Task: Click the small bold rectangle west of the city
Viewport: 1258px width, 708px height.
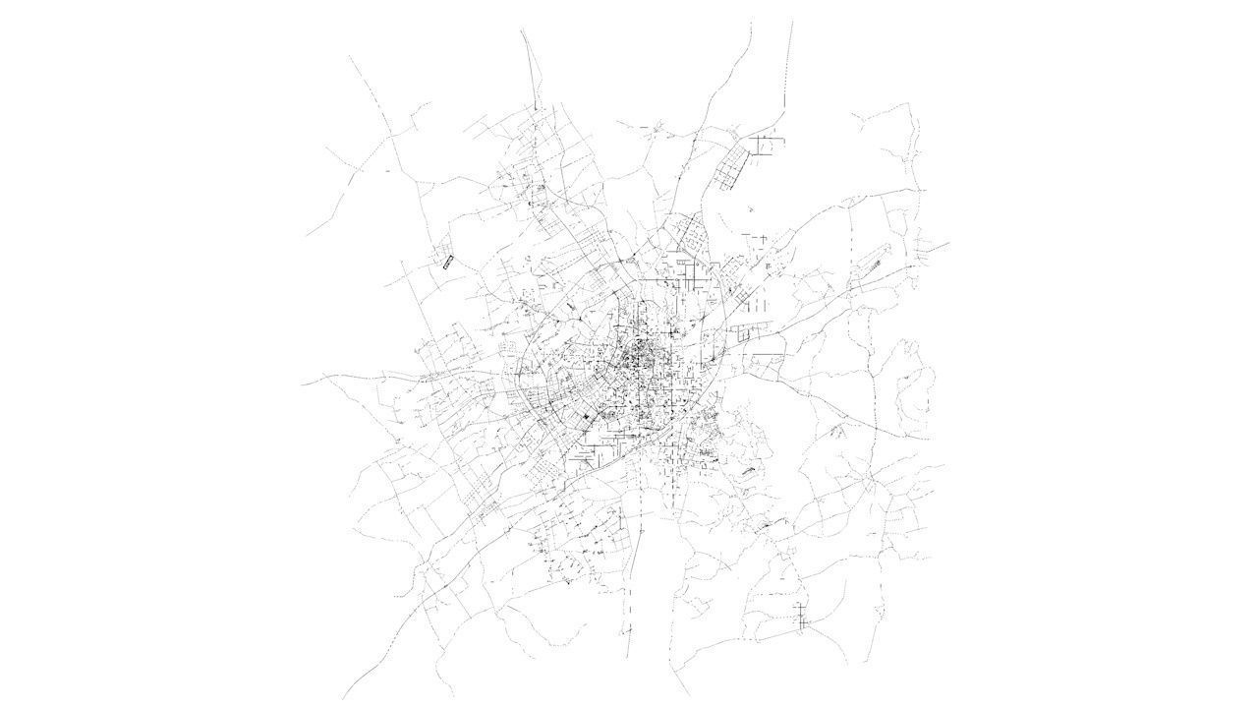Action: pos(448,261)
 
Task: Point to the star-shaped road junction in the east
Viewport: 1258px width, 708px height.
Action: pos(871,480)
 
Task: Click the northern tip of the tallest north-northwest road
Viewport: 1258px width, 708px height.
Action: pos(522,29)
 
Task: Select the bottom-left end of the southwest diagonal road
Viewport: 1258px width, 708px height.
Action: pos(344,696)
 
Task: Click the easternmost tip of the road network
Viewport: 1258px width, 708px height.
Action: pos(948,243)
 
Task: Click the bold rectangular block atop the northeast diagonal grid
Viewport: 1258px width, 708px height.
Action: pos(767,145)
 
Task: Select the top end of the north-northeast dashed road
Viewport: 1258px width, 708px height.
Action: pos(792,22)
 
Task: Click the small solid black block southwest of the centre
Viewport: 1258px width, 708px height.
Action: pos(587,421)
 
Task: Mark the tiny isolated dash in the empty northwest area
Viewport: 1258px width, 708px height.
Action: pos(387,170)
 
